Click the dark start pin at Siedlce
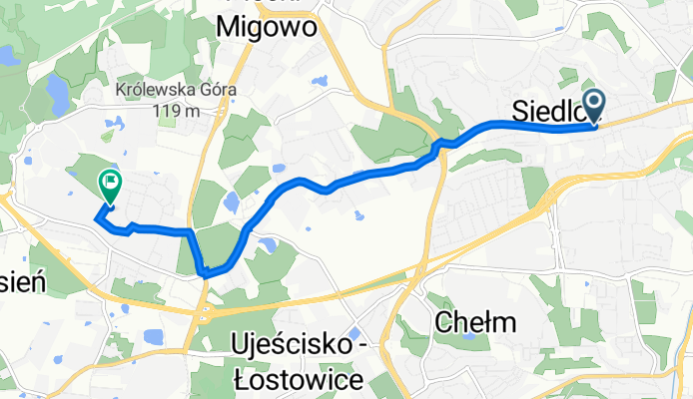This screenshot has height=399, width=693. click(x=594, y=104)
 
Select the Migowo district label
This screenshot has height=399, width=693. click(x=268, y=27)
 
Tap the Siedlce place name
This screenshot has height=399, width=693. click(x=544, y=113)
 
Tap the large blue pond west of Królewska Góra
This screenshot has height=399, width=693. click(x=58, y=96)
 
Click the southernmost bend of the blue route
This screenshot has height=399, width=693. click(x=206, y=271)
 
